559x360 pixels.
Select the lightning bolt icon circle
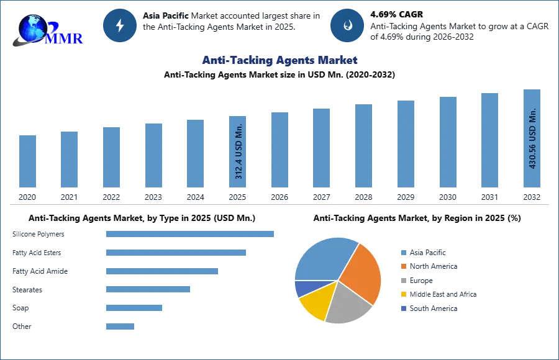coord(120,25)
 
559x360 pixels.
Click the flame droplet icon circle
coord(347,25)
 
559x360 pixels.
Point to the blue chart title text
coord(279,61)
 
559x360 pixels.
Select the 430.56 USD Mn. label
coord(532,140)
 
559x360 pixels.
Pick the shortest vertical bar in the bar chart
coord(27,161)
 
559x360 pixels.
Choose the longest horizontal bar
coord(191,233)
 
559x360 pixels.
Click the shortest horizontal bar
coord(119,327)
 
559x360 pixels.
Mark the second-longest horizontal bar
coord(176,253)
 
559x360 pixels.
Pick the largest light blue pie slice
coord(323,258)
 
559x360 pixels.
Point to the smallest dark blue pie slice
coord(301,289)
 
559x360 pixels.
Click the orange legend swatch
coord(403,268)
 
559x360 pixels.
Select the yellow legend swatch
coord(403,294)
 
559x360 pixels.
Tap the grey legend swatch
coord(403,281)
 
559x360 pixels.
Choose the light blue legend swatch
coord(403,253)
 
